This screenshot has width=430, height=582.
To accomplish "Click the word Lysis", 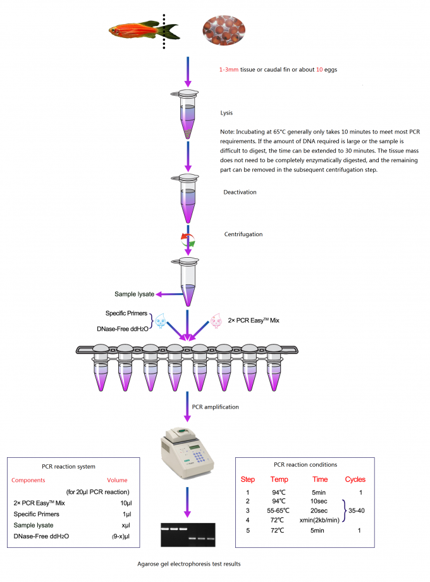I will click(x=226, y=113).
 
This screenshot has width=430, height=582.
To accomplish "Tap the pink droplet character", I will click(x=216, y=321).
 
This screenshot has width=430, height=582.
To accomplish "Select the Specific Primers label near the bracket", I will click(x=126, y=313).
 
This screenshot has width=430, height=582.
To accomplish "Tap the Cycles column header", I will click(x=355, y=479).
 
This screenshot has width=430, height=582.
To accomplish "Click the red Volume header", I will click(x=117, y=480).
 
